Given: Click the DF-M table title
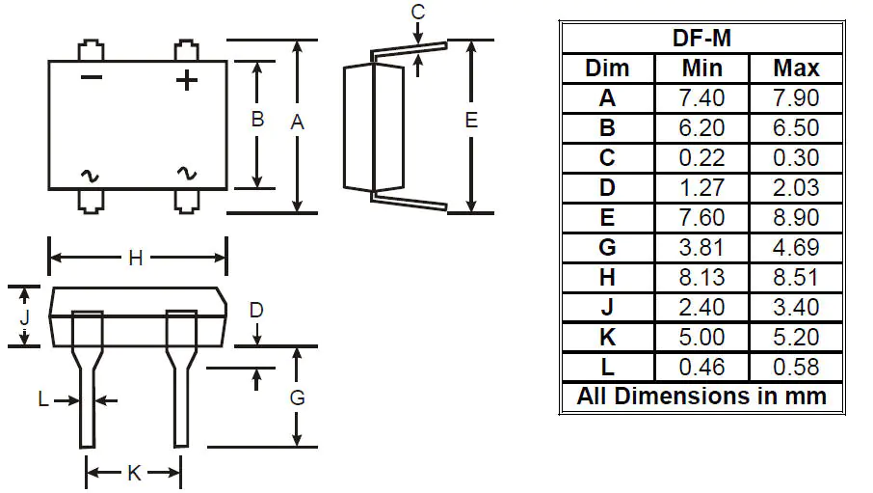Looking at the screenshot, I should pos(701,39).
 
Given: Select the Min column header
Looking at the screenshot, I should pos(701,68).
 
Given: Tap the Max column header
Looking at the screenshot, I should pos(796,68).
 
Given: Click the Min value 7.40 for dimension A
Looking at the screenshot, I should pos(701,98).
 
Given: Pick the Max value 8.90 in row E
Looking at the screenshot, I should pos(796,218).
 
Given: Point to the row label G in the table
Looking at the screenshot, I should pos(607,248).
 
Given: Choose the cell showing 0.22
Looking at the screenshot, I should pos(701,158).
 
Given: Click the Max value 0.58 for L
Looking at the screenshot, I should pos(796,368).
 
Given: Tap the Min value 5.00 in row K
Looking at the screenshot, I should pos(701,338).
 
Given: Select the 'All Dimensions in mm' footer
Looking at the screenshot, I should pos(701,397).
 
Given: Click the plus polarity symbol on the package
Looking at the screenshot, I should pos(187,79).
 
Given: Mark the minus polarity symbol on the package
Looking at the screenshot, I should pos(91,77).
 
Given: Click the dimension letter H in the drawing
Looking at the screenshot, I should pos(136,258).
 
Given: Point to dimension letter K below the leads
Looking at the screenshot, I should pos(135,473).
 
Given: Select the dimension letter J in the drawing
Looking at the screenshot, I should pos(25,315).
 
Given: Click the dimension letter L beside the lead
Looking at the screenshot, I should pos(43,399).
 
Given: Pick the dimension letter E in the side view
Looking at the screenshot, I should pos(470,121).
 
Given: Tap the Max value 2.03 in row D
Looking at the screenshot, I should pos(796,188).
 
